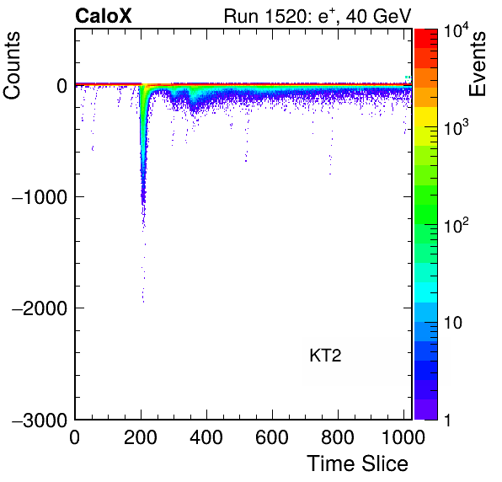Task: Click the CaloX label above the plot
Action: click(x=104, y=16)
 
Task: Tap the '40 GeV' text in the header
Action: click(x=378, y=16)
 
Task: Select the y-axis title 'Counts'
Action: click(x=12, y=66)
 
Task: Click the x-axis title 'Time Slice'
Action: click(x=358, y=463)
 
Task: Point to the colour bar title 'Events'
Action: click(x=477, y=64)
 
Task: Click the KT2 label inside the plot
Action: click(x=325, y=356)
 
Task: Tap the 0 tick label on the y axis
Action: click(x=61, y=86)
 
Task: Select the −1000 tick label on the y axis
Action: click(x=40, y=197)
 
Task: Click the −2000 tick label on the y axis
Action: click(x=40, y=308)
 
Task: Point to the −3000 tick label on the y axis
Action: click(x=40, y=420)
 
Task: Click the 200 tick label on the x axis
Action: click(x=141, y=436)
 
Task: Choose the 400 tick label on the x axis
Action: click(x=206, y=436)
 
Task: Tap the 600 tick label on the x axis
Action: click(x=272, y=436)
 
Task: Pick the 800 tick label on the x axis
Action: click(x=338, y=436)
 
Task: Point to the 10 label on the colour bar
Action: click(x=453, y=323)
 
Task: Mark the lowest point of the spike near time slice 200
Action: click(x=143, y=302)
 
